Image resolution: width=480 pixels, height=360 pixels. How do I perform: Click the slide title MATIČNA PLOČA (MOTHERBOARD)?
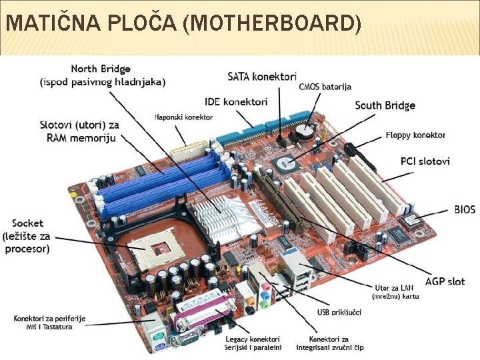183,25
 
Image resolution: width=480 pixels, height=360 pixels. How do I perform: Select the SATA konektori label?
261,77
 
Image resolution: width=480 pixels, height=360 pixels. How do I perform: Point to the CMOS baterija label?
325,87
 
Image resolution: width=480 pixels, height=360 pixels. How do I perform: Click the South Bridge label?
385,105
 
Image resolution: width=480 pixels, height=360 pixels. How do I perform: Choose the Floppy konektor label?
415,135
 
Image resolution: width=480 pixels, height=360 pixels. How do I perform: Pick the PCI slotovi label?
425,161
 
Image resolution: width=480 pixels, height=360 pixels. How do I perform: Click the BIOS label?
465,209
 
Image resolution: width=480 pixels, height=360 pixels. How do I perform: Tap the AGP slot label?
445,281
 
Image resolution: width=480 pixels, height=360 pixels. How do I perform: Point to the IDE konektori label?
236,102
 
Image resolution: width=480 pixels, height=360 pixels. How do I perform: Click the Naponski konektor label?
183,117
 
